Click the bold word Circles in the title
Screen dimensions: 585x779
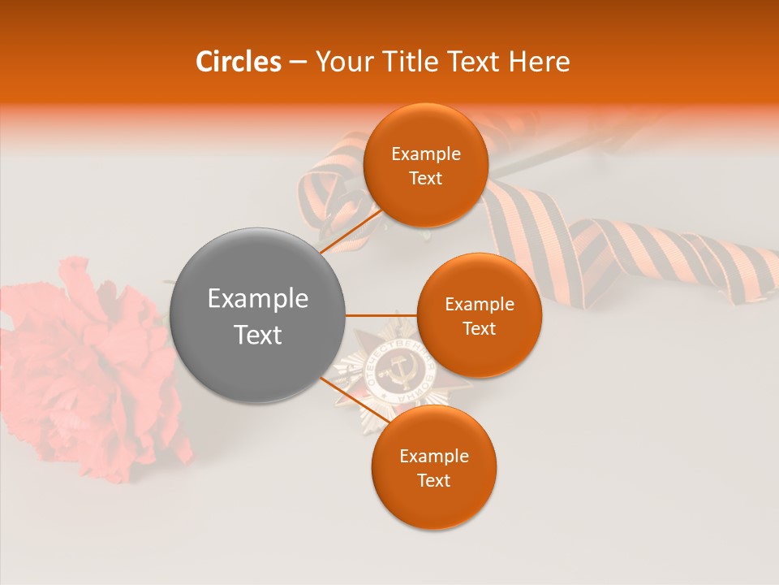tap(238, 62)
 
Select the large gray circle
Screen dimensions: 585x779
tap(257, 316)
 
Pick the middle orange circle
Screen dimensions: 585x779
tap(479, 315)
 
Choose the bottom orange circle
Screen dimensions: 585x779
tap(433, 467)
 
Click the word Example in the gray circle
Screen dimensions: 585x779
tap(257, 299)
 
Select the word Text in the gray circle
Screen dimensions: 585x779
tap(257, 335)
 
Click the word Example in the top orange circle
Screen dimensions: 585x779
tap(425, 154)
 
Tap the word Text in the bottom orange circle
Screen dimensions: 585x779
tap(433, 480)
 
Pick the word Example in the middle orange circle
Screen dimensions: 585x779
tap(479, 305)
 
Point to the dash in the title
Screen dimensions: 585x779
tap(297, 63)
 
